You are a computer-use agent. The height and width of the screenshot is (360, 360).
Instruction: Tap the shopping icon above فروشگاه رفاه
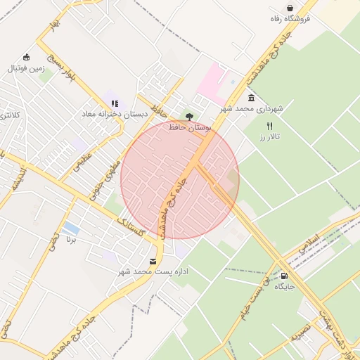pos(290,8)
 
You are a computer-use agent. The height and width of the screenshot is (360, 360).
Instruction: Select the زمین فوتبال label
pos(26,69)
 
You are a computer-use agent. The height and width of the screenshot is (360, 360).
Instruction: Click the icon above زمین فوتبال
pos(27,57)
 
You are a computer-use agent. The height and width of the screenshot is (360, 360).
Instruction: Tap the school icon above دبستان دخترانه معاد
pos(115,103)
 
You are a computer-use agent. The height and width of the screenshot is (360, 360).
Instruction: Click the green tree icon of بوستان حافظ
pos(188,116)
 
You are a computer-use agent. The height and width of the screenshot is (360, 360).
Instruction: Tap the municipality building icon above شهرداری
pos(252,98)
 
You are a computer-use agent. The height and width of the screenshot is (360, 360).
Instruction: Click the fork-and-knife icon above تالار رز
pos(269,126)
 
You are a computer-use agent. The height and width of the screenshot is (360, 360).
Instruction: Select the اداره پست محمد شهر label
pos(153,271)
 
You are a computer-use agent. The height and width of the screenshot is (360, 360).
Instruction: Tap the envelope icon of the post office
pos(153,261)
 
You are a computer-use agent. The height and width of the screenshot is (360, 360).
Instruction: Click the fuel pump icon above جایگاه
pos(283,276)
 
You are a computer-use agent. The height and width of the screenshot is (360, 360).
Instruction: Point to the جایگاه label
pos(283,287)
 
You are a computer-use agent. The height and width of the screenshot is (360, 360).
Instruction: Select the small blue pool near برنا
pos(71,229)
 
